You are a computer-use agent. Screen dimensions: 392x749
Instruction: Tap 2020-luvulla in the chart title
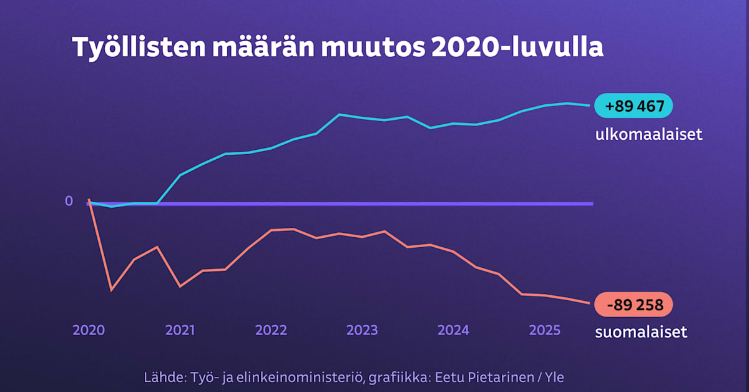[x=517, y=48]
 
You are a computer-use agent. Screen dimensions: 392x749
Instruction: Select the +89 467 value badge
[x=634, y=106]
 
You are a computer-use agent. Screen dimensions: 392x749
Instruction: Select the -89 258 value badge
[x=634, y=305]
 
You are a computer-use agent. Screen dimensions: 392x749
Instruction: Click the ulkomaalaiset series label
[x=649, y=134]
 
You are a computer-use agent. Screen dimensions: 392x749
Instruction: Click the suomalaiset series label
[x=641, y=331]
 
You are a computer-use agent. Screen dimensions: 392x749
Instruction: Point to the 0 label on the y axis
[x=69, y=201]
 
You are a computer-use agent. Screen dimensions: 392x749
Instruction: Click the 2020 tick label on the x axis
[x=89, y=330]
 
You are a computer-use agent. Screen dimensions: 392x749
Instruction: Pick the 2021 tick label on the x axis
[x=180, y=330]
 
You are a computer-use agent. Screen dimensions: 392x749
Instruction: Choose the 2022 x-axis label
[x=271, y=330]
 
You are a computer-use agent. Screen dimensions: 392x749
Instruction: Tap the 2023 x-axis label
[x=362, y=330]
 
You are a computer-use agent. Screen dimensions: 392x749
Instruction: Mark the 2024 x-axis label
[x=453, y=330]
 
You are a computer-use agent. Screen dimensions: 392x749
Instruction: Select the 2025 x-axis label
[x=544, y=330]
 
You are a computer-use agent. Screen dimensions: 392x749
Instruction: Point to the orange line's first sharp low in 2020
[x=111, y=290]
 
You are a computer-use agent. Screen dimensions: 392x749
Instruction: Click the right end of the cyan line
[x=589, y=105]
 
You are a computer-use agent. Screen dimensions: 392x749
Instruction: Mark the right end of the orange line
[x=589, y=303]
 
